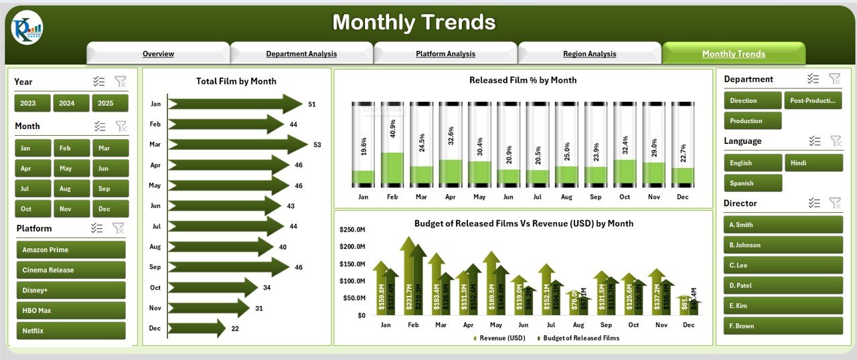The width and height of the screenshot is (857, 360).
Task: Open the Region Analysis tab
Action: tap(589, 54)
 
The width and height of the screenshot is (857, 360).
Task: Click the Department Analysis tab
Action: tap(301, 54)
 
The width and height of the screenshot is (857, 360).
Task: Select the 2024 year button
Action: tap(66, 103)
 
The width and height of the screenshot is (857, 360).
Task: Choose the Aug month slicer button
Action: tap(66, 189)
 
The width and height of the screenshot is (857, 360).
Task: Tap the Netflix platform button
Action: tap(70, 331)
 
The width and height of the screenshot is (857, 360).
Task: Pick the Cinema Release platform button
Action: tap(70, 270)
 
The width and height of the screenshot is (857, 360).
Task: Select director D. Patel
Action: tap(783, 286)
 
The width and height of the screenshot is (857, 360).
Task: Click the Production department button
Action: tap(753, 121)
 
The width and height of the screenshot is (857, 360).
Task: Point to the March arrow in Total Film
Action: tap(238, 145)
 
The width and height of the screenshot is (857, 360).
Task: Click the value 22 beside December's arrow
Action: tap(236, 328)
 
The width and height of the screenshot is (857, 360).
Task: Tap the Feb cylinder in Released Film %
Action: tap(392, 145)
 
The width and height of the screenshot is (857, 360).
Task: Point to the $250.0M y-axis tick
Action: tap(353, 230)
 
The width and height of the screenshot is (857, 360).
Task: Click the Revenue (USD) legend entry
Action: tap(499, 338)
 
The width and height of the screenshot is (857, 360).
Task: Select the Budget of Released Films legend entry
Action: tap(578, 338)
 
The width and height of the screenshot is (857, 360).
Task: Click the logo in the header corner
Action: tap(27, 28)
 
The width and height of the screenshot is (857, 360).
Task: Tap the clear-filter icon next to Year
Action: tap(121, 82)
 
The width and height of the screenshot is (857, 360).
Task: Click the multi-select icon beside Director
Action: tap(814, 203)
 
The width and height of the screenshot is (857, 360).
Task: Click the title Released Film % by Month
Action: tap(523, 80)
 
